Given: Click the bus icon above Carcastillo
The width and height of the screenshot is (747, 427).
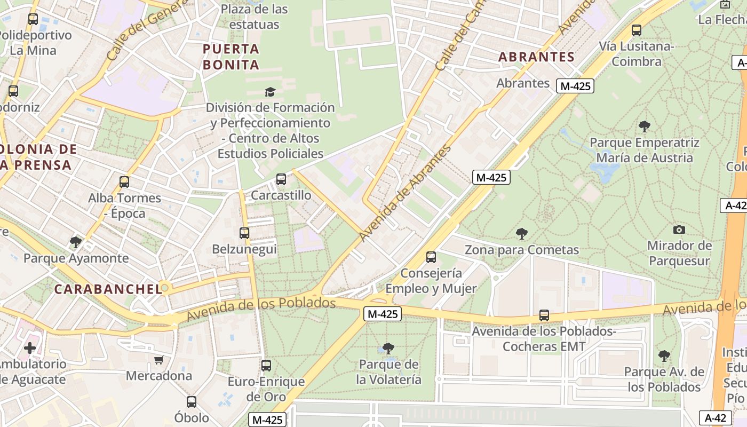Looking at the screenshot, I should [281, 179].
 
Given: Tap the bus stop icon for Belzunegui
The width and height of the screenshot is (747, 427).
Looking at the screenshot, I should [244, 233].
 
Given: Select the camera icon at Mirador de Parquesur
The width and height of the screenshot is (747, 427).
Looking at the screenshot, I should [679, 230].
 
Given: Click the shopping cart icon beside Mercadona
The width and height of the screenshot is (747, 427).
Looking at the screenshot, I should [158, 360].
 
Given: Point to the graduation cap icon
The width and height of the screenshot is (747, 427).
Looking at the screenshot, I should [270, 92].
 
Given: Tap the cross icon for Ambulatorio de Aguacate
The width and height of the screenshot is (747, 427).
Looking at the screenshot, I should [30, 349].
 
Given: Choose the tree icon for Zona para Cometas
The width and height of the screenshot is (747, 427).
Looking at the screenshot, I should [521, 233].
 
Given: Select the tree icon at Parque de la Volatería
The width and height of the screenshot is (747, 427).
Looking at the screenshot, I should [388, 349].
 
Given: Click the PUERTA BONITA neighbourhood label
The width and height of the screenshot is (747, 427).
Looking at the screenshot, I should [231, 57].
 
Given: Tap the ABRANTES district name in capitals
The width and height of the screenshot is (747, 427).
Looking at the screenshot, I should [536, 57].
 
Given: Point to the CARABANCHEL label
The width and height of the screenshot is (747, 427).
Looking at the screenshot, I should [108, 289].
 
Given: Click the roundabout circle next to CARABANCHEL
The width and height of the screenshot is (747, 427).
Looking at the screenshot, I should [165, 288].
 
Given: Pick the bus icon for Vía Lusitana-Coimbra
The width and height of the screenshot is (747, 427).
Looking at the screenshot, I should [636, 30].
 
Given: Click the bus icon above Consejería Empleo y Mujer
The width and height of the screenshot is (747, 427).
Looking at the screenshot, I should [431, 257].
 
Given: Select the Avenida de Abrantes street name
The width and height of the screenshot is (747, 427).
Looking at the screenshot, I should [405, 193].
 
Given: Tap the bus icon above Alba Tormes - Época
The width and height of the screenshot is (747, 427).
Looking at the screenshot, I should [124, 182].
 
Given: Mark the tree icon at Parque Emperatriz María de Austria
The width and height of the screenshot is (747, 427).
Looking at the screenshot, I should [644, 126].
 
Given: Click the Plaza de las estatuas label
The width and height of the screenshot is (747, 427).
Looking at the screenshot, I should [254, 17].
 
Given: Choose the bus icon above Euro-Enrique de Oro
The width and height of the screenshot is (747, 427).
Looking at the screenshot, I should [266, 366].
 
